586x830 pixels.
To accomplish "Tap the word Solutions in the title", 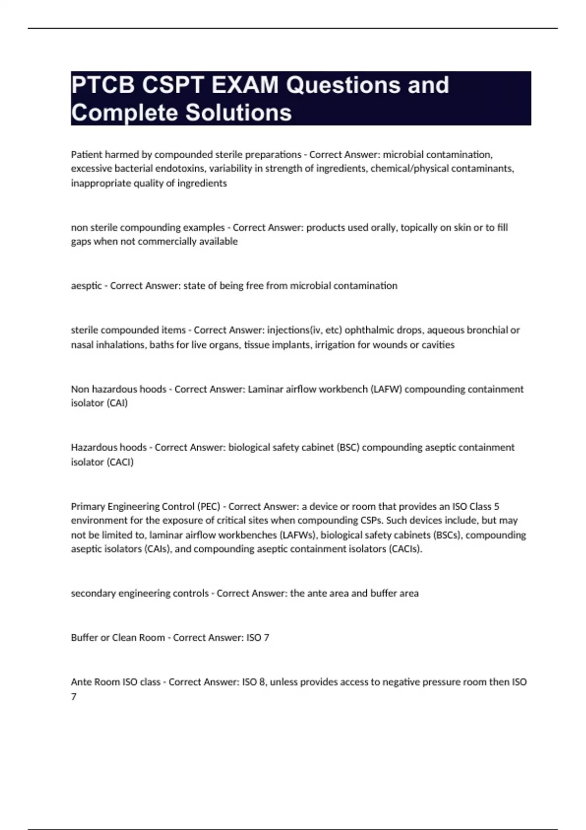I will (238, 113).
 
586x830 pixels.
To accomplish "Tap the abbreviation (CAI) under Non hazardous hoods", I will (117, 403).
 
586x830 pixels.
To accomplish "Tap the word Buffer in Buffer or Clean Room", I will (84, 638).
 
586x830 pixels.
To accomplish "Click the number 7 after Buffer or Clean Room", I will (266, 638).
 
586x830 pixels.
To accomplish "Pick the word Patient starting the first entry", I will (86, 155).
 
